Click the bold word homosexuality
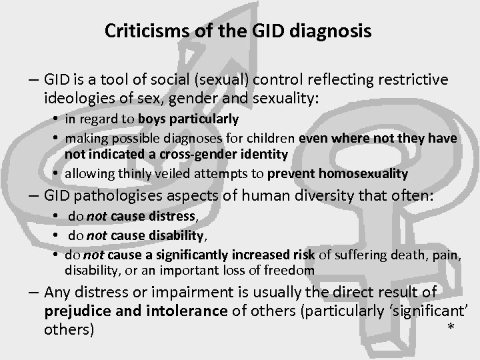(x=366, y=173)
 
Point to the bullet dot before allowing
(x=53, y=173)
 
